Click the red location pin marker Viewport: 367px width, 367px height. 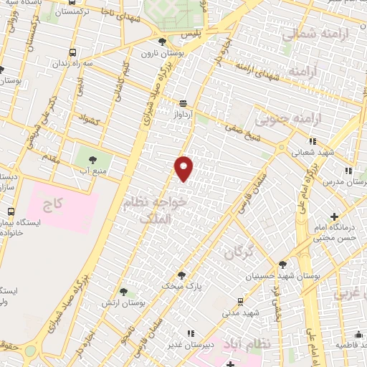coord(184,168)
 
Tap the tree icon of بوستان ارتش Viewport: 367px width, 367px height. coord(124,292)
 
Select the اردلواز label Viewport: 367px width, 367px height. coord(184,114)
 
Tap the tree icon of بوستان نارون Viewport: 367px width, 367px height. coord(163,42)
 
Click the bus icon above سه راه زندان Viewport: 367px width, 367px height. coord(72,53)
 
